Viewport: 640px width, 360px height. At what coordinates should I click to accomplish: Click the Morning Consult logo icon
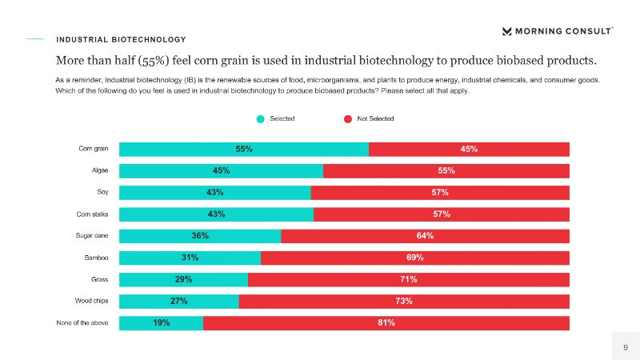[x=506, y=31]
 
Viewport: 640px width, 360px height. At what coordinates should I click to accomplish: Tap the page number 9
[x=626, y=346]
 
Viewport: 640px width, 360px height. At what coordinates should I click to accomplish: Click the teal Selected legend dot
[x=260, y=119]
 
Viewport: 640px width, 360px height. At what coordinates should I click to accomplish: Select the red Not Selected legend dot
[x=348, y=119]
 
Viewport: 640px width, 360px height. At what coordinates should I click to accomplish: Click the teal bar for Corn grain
[x=244, y=149]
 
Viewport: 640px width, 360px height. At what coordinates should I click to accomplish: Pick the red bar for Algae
[x=446, y=170]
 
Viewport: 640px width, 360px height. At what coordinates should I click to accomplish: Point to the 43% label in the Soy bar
[x=214, y=193]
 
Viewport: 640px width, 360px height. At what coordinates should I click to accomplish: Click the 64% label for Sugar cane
[x=425, y=236]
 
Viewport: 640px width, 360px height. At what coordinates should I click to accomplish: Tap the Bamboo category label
[x=96, y=258]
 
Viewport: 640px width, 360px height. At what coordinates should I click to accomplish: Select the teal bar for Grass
[x=183, y=279]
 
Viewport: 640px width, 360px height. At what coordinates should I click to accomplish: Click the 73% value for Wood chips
[x=403, y=301]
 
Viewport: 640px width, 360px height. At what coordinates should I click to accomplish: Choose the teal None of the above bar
[x=161, y=322]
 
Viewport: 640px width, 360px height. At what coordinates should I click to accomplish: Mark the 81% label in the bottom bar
[x=386, y=322]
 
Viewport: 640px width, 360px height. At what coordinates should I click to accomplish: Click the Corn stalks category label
[x=92, y=214]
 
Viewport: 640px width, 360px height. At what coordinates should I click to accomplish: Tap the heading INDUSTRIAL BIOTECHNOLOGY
[x=121, y=39]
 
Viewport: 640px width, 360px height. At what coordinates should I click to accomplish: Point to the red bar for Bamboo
[x=415, y=258]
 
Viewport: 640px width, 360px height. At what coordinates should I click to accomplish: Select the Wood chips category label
[x=92, y=301]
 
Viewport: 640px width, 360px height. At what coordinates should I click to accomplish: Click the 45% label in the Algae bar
[x=222, y=170]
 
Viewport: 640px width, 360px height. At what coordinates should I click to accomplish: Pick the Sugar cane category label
[x=92, y=236]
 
